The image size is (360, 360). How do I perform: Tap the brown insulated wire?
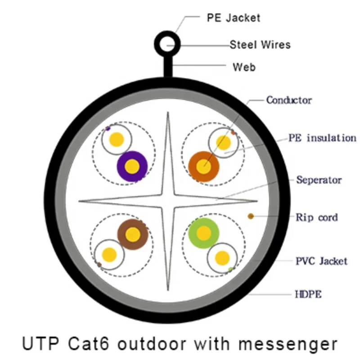(x=133, y=234)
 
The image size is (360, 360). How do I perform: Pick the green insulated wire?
(x=204, y=233)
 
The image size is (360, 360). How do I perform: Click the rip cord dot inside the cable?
(x=251, y=216)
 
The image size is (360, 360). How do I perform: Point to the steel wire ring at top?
(x=167, y=45)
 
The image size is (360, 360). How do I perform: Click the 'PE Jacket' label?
(x=233, y=18)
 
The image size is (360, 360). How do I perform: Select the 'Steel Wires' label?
(x=260, y=45)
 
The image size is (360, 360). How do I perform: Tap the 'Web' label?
(x=244, y=67)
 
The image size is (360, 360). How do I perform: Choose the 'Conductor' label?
(x=289, y=100)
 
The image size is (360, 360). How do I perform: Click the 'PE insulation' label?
(x=322, y=138)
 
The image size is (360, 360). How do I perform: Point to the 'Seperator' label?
(x=319, y=180)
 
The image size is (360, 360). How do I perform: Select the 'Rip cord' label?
(x=316, y=217)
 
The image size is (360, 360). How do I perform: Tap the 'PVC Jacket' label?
(x=321, y=261)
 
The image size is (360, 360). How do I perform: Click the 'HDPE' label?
(x=308, y=295)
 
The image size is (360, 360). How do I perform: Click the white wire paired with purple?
(x=117, y=139)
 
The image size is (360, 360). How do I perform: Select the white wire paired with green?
(x=222, y=258)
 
